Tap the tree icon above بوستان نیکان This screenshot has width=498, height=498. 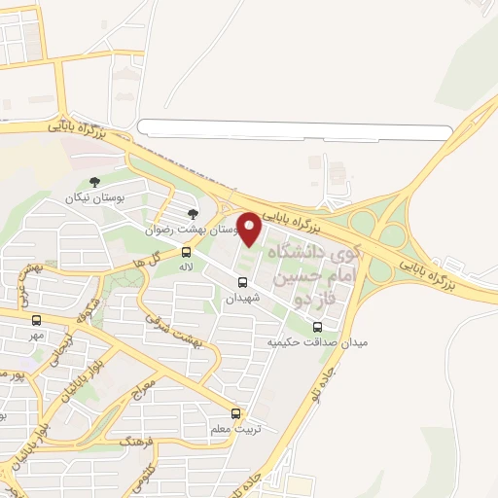point(94,182)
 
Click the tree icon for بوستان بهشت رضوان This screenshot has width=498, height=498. point(194,214)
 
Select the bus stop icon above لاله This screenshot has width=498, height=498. point(187,250)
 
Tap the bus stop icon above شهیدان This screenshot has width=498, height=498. point(242,283)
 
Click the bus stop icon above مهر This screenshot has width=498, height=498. point(37,320)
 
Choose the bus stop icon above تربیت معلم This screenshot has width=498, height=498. point(236,412)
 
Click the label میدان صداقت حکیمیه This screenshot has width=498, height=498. point(304,343)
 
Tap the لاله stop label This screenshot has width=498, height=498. point(186,265)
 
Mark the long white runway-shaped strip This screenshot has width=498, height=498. point(297,127)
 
